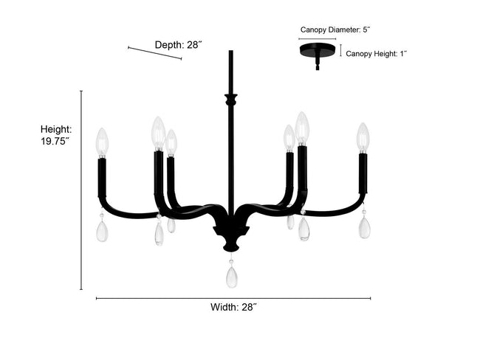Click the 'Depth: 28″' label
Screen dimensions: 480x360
[179, 45]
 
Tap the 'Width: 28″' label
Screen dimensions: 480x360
[233, 307]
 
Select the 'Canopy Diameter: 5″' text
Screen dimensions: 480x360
[335, 30]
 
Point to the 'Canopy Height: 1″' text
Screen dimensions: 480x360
[376, 54]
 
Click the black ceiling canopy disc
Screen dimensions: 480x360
[318, 50]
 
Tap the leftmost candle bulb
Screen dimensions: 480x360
[102, 142]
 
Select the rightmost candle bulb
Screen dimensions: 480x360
[363, 138]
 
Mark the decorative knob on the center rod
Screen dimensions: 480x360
[231, 100]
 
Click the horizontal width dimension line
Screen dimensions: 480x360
[233, 298]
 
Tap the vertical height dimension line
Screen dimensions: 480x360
[81, 190]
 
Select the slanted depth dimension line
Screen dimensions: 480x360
[154, 53]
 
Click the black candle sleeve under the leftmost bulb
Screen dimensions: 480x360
[102, 177]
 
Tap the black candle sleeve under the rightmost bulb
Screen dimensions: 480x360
[363, 173]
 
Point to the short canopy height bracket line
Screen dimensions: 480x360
[340, 50]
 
